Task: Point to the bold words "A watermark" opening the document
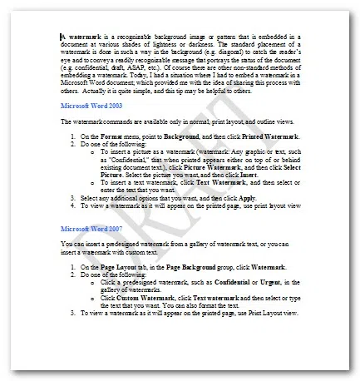[x=81, y=37]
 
